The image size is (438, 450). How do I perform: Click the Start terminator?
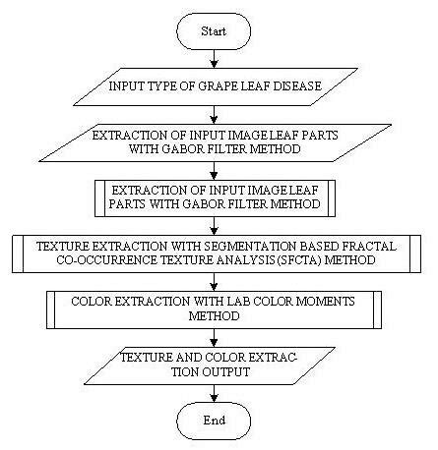(x=214, y=32)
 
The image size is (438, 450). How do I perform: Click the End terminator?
(x=214, y=421)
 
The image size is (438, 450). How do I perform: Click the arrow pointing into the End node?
(x=214, y=393)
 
